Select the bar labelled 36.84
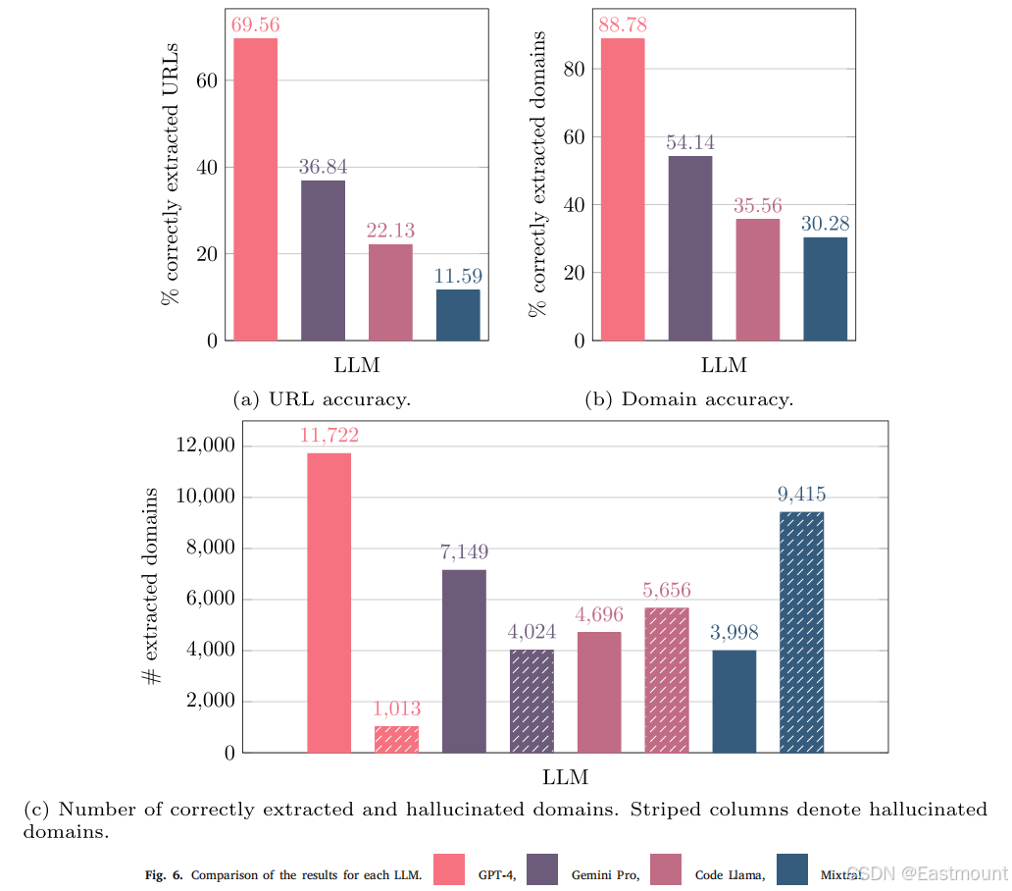pyautogui.click(x=323, y=260)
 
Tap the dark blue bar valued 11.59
pyautogui.click(x=458, y=315)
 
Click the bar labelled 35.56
pyautogui.click(x=757, y=280)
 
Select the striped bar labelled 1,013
pyautogui.click(x=396, y=739)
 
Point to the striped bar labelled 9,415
pyautogui.click(x=802, y=632)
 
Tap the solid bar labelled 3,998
pyautogui.click(x=734, y=701)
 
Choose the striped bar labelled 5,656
pyautogui.click(x=667, y=680)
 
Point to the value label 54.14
pyautogui.click(x=689, y=141)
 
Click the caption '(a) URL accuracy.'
pyautogui.click(x=322, y=399)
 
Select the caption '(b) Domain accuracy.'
pyautogui.click(x=688, y=399)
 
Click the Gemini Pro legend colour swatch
pyautogui.click(x=543, y=869)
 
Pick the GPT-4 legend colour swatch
pyautogui.click(x=448, y=869)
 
